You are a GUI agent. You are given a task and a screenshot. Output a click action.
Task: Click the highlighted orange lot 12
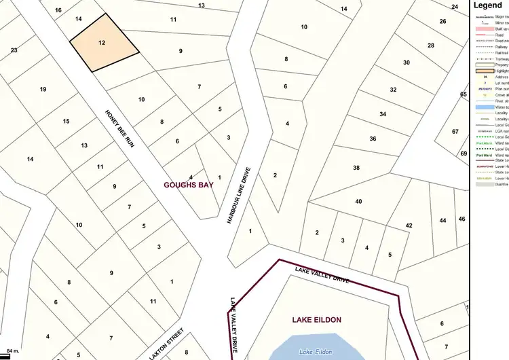point(103,43)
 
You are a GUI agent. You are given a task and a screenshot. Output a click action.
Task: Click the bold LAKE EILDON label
point(317,319)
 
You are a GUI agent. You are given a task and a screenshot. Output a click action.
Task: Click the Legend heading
point(489,5)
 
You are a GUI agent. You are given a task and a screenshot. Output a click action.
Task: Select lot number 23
point(14,50)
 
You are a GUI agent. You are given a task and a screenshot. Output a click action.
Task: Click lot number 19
point(43,90)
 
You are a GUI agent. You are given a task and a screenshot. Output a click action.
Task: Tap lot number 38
point(357,167)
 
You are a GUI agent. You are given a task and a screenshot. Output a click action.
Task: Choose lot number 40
point(359,201)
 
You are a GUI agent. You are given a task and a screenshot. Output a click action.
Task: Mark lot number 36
point(373,139)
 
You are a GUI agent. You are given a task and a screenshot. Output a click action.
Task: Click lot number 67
point(455,131)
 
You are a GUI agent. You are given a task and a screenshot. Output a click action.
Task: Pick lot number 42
point(409,225)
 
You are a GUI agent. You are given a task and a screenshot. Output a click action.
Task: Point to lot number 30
point(407,62)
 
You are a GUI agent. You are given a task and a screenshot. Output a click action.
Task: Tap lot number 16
point(58,10)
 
